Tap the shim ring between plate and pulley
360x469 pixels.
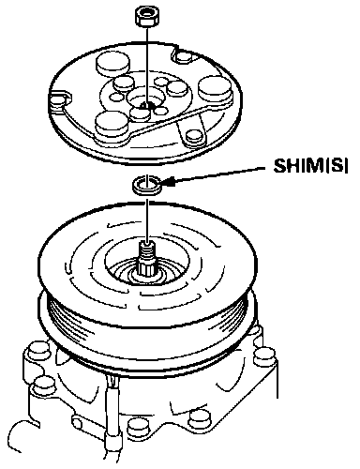tap(146, 186)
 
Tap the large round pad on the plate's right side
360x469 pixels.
tap(215, 91)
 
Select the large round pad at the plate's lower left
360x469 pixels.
tap(112, 125)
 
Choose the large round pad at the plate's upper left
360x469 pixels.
tap(112, 64)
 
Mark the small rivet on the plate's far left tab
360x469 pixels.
tap(57, 100)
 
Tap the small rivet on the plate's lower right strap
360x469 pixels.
tap(195, 136)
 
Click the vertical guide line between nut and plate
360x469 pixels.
tap(147, 67)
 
